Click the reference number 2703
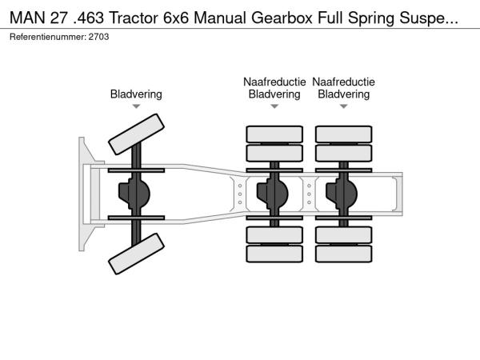click(x=98, y=37)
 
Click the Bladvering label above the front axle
click(x=136, y=94)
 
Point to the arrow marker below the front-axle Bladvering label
click(x=136, y=106)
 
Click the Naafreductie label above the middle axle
click(x=274, y=82)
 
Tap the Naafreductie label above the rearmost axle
click(x=343, y=82)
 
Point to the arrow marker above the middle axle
click(x=274, y=106)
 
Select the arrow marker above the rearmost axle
click(x=343, y=106)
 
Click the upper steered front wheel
click(x=136, y=134)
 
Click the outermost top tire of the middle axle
click(x=274, y=134)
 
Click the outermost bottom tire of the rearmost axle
click(x=343, y=255)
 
